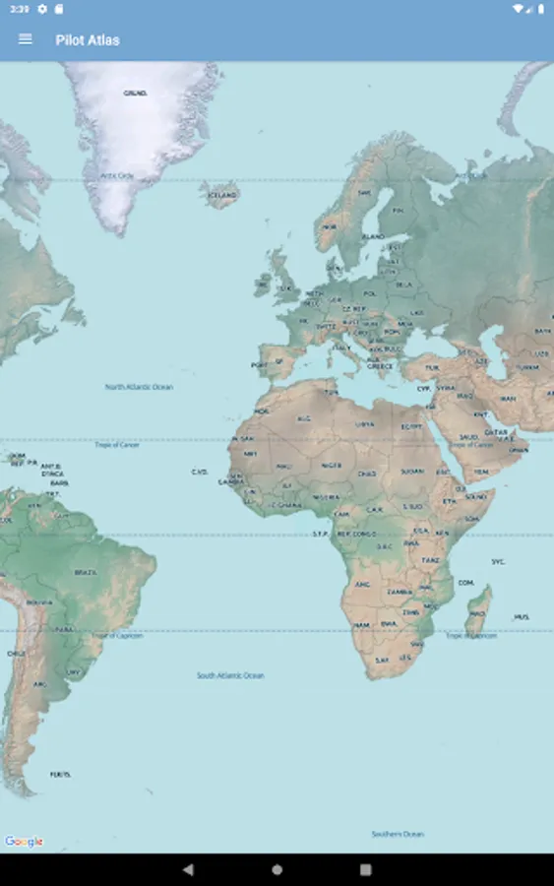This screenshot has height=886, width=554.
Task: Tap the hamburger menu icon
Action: click(x=26, y=39)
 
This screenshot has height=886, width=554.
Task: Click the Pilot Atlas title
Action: click(x=88, y=40)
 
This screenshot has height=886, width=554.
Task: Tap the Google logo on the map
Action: click(x=24, y=842)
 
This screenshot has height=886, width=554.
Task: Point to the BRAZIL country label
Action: click(x=86, y=572)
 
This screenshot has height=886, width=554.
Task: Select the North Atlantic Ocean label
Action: click(x=139, y=387)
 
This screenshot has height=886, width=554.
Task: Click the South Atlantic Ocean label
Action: click(x=230, y=675)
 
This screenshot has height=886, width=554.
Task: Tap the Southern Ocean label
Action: click(x=398, y=834)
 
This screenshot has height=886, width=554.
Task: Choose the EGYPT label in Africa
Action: click(x=411, y=427)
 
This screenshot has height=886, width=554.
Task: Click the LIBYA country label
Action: click(x=365, y=424)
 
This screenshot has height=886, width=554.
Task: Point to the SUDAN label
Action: click(x=410, y=471)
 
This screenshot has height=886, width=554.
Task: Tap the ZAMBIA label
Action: click(x=400, y=592)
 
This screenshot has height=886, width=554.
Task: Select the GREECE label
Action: click(x=380, y=365)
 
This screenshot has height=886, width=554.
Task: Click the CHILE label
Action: click(x=16, y=653)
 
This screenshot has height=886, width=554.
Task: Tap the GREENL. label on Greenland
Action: click(x=136, y=93)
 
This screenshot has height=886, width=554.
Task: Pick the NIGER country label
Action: click(x=332, y=466)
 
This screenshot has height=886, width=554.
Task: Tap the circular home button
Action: click(x=277, y=869)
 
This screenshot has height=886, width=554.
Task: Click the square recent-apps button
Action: click(x=365, y=869)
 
